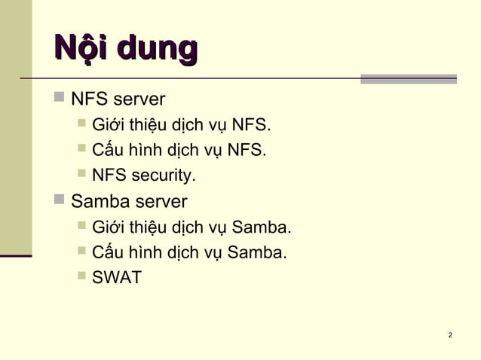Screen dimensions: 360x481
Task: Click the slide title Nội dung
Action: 125,49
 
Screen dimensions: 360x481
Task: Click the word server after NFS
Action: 139,99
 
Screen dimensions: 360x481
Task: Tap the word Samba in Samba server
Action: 97,202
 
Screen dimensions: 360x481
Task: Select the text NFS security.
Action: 143,176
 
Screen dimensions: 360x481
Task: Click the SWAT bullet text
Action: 116,278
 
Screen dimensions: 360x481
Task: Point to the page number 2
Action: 450,334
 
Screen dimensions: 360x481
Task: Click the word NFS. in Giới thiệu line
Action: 251,125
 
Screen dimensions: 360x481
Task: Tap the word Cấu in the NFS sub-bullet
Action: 106,151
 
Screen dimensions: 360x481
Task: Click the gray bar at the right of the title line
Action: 408,78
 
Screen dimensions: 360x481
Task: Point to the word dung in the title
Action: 162,49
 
